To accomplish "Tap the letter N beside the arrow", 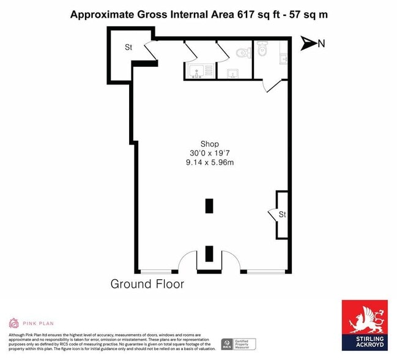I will coord(321,43).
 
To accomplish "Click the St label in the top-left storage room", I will coord(128,47).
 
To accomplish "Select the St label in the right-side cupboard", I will coord(282,215).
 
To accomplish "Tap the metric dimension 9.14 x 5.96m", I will coord(210,162).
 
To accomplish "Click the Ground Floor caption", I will coord(147,284).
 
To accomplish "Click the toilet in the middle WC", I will coord(244,53).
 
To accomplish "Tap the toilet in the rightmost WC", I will coord(262,48).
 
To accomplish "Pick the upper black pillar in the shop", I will coord(209,206).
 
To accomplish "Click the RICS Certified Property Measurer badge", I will coord(238,344).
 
